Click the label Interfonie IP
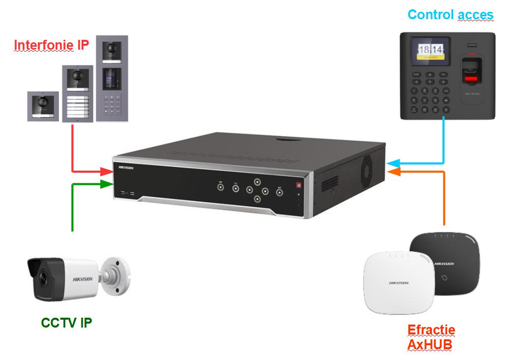tap(52, 45)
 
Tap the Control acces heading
tap(450, 15)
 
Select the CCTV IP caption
tap(66, 323)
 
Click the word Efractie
tap(431, 330)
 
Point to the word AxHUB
tap(429, 345)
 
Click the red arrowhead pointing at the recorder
tap(107, 172)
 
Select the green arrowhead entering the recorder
tap(107, 184)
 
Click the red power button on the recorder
tap(298, 185)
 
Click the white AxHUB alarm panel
tap(398, 283)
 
